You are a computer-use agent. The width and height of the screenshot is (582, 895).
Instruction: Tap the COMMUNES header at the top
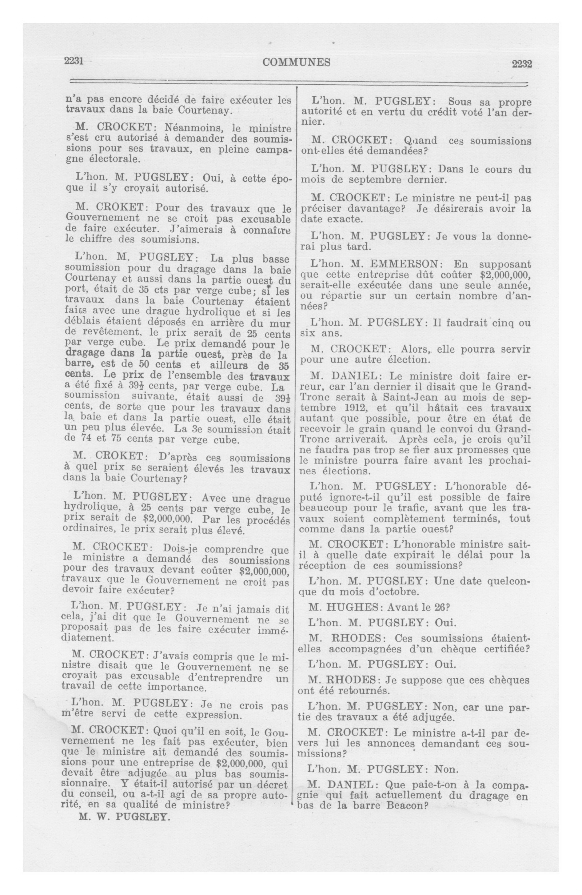(296, 62)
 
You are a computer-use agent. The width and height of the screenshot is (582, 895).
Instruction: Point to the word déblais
(86, 322)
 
